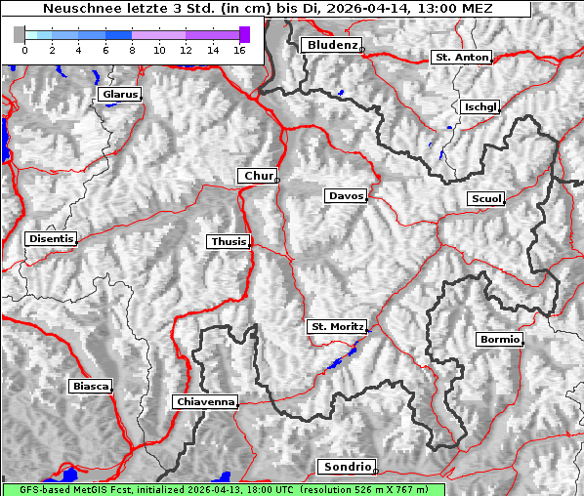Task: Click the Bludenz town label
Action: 331,45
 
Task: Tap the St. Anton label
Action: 460,58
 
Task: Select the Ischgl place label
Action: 480,106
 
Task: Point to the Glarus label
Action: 118,95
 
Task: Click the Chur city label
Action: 258,176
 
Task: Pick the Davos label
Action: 346,196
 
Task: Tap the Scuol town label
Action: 485,199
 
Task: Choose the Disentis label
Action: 51,238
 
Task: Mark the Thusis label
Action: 229,242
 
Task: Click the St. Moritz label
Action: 336,326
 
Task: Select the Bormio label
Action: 499,340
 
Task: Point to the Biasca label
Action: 90,387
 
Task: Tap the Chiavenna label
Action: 205,401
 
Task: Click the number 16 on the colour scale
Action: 239,50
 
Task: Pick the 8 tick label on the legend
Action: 132,50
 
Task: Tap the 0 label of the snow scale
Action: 24,50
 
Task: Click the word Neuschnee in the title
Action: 78,9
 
